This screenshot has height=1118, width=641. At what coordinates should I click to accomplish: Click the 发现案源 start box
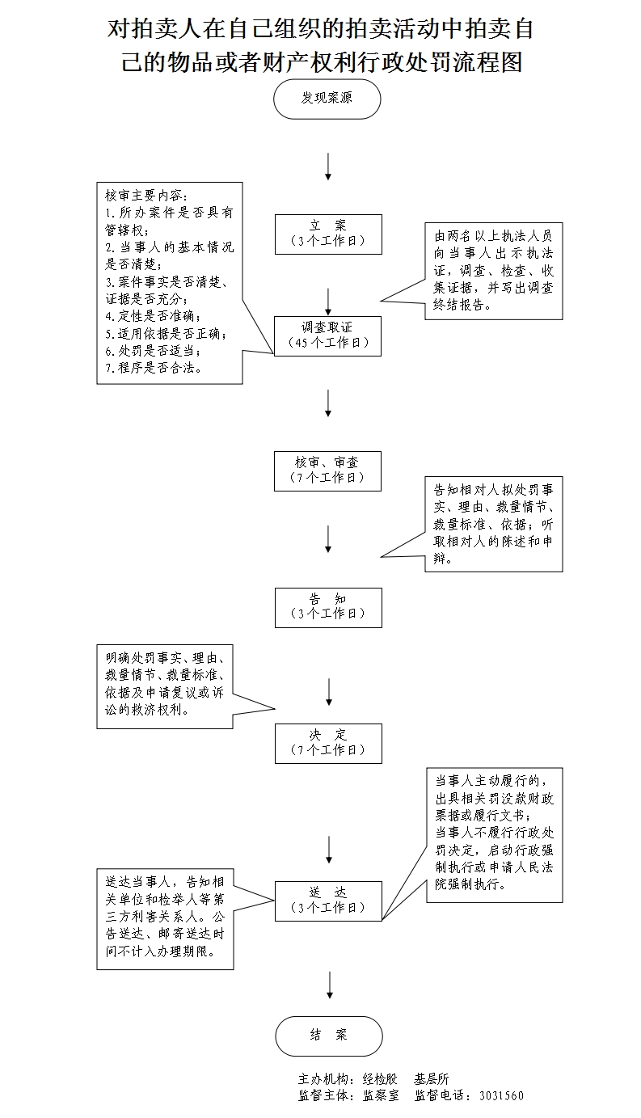327,99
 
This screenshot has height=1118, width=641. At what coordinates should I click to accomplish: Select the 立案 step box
327,234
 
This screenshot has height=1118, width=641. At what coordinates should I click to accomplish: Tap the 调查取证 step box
327,335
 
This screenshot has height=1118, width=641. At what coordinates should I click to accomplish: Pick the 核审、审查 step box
327,470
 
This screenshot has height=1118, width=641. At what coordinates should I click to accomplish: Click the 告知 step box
327,607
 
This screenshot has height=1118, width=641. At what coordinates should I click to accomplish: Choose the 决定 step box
327,743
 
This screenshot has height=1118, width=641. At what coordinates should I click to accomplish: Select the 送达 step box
327,900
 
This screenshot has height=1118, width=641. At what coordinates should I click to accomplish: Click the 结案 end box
328,1036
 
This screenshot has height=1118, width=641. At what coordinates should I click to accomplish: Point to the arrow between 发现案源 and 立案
328,166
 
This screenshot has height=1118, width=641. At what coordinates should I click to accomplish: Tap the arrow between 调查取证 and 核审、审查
328,403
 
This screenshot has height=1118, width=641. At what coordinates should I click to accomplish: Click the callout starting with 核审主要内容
170,281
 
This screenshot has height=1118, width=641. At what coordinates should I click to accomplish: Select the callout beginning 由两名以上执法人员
493,271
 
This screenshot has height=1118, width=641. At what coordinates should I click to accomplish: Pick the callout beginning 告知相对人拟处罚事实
493,524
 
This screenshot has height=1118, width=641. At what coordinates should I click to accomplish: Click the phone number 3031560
501,1096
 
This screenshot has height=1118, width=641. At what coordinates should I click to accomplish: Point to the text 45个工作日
328,342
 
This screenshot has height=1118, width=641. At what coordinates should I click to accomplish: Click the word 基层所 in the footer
432,1079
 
